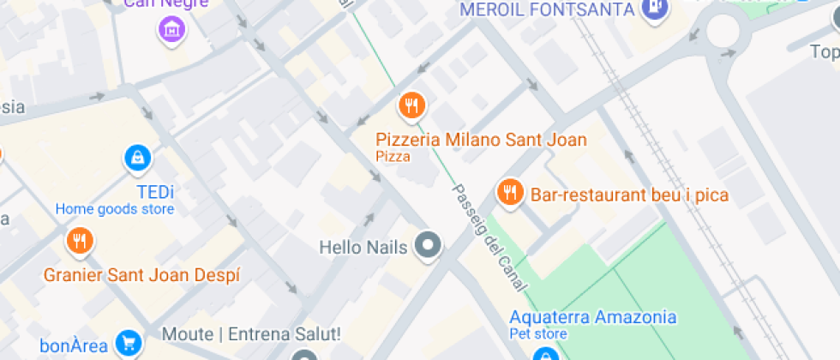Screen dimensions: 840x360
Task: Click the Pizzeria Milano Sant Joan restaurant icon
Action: coord(412,106)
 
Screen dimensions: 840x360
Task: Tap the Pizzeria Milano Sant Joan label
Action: coord(481,140)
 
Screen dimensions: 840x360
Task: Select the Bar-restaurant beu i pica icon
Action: coord(510,193)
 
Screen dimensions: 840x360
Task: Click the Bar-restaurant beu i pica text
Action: coord(630,195)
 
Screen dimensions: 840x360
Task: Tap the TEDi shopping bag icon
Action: coord(136,157)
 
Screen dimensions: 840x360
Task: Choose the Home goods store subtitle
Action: coord(115,209)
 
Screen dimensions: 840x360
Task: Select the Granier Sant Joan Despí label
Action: coord(142,275)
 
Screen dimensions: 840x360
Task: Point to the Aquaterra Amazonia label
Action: coord(592,317)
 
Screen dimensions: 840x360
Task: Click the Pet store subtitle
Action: coord(538,333)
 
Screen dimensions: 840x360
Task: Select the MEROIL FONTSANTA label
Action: coord(547,10)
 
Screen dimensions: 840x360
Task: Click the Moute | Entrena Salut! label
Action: coord(252,333)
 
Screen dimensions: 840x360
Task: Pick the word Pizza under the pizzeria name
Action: coord(393,157)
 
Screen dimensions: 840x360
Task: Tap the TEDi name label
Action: coord(154,191)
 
